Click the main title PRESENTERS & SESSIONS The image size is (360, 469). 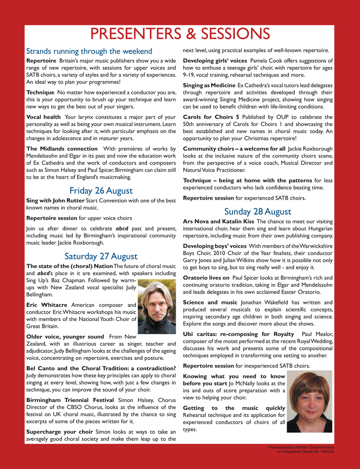pyautogui.click(x=180, y=34)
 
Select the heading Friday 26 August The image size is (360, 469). pyautogui.click(x=101, y=191)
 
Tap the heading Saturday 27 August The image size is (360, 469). pyautogui.click(x=101, y=256)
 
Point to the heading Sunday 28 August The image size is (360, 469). pyautogui.click(x=258, y=211)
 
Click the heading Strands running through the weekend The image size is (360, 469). pyautogui.click(x=89, y=51)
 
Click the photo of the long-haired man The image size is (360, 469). pyautogui.click(x=157, y=307)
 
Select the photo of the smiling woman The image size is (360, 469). pyautogui.click(x=309, y=401)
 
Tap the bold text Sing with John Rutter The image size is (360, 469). pyautogui.click(x=55, y=201)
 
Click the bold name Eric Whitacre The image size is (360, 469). pyautogui.click(x=47, y=305)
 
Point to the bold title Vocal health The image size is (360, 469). pyautogui.click(x=44, y=117)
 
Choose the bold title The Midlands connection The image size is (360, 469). pyautogui.click(x=62, y=149)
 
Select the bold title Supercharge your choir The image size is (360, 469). pyautogui.click(x=60, y=432)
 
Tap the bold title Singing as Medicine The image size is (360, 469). pyautogui.click(x=209, y=85)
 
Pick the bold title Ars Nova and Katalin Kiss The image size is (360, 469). pyautogui.click(x=218, y=222)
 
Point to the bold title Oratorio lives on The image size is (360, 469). pyautogui.click(x=206, y=278)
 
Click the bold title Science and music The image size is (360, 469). pyautogui.click(x=210, y=303)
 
